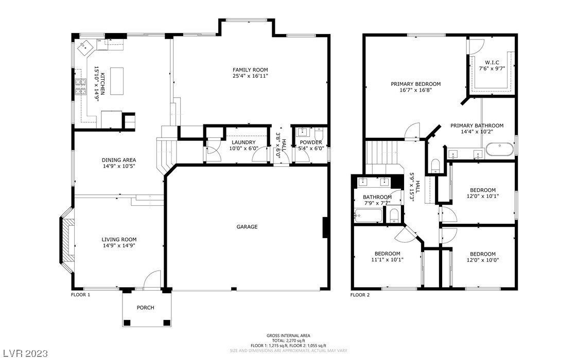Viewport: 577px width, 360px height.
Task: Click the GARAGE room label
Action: tap(247, 227)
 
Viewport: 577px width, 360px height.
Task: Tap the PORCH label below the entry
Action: tap(145, 308)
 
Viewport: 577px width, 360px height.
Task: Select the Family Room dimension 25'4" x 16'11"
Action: tap(250, 76)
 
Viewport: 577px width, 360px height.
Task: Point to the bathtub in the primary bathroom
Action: tap(499, 151)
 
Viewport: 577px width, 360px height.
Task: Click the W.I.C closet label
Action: tap(492, 62)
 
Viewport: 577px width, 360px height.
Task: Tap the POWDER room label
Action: tap(311, 142)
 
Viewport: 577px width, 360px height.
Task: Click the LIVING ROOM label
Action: tap(119, 239)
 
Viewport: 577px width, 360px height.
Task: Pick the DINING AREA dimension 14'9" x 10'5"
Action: tap(119, 166)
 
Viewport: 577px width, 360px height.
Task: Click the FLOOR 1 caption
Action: tap(81, 295)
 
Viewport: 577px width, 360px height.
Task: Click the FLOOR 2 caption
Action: tap(360, 295)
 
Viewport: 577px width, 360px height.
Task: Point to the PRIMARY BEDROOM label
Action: tap(415, 84)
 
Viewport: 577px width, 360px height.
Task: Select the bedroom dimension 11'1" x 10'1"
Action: tap(387, 260)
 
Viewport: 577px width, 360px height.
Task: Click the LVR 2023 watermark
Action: tap(24, 353)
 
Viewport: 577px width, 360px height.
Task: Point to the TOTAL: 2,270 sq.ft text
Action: tap(288, 340)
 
